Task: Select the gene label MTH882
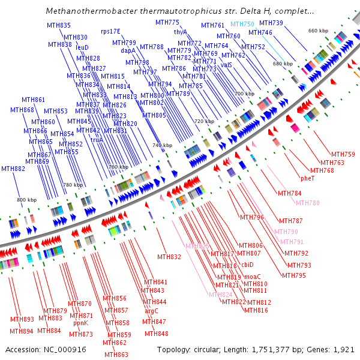click(13, 169)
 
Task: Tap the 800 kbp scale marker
click(26, 199)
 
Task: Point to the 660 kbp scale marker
click(317, 31)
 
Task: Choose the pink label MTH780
click(308, 203)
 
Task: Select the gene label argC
click(152, 311)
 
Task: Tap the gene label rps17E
click(110, 31)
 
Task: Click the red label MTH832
click(169, 257)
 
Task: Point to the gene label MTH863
click(116, 355)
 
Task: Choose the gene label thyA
click(181, 32)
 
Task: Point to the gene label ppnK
click(80, 323)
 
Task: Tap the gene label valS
click(226, 65)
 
